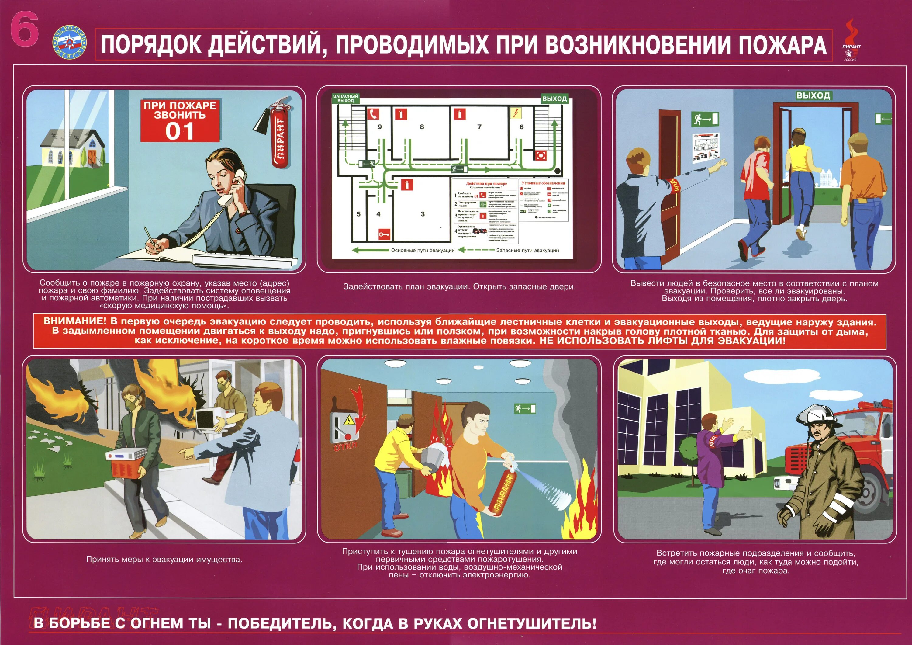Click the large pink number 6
click(25, 29)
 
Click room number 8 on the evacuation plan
click(422, 127)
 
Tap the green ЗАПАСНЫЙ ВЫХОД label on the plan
click(345, 99)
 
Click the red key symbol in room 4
click(384, 234)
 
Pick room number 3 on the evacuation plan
click(423, 214)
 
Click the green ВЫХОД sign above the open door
click(813, 95)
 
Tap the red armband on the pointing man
click(674, 185)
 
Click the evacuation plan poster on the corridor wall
click(706, 148)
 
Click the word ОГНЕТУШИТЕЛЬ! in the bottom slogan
click(531, 623)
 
